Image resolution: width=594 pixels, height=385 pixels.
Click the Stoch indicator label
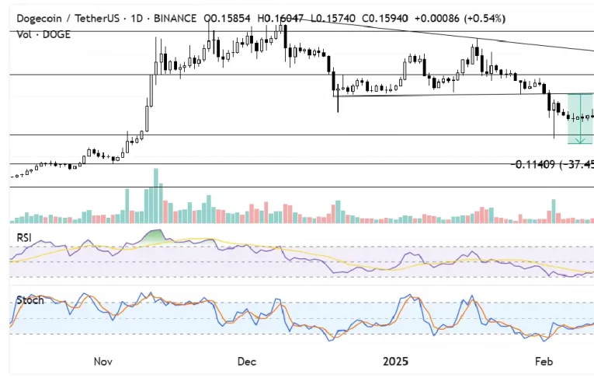pyautogui.click(x=30, y=300)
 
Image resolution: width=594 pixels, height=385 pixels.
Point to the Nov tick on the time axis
pyautogui.click(x=103, y=362)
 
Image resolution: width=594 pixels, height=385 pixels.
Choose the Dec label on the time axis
pyautogui.click(x=247, y=362)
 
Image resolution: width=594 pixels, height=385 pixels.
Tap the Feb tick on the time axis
pyautogui.click(x=544, y=362)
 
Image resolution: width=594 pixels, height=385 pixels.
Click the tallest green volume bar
pyautogui.click(x=156, y=195)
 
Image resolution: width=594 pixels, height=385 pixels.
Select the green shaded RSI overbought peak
pyautogui.click(x=156, y=235)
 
